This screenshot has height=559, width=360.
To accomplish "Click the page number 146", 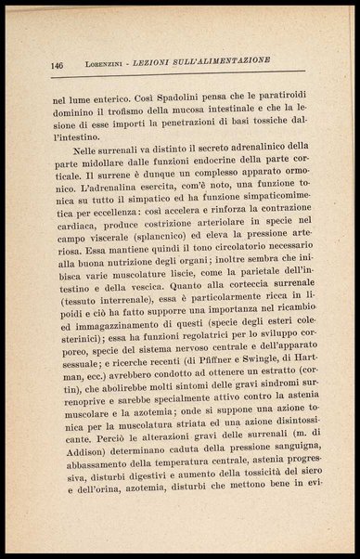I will (57, 65).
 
